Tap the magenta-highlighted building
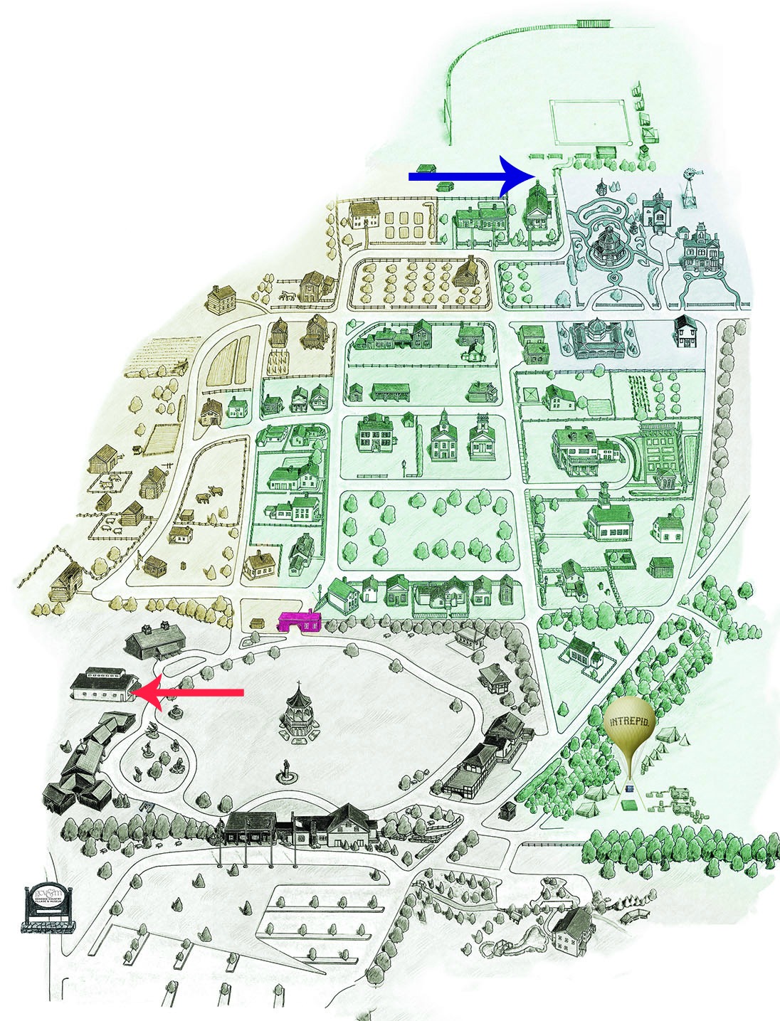300,622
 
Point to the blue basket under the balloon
629,788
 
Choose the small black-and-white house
686,332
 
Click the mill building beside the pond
571,931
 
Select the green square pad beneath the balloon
627,805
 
